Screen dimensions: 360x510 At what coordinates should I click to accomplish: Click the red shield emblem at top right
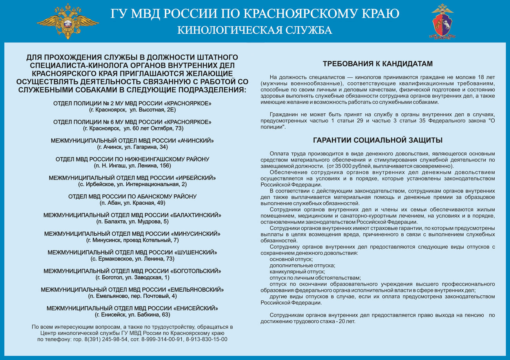pos(443,21)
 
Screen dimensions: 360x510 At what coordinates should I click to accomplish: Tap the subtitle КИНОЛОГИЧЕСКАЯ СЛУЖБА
pos(255,31)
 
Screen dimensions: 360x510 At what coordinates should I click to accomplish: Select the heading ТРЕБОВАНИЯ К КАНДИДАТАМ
pos(377,64)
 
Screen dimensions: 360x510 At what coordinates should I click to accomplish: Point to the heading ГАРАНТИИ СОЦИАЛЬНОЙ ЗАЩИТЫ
pos(377,140)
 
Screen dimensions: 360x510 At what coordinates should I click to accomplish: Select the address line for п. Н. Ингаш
pos(132,165)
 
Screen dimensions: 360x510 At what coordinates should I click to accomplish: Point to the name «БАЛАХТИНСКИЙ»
pos(196,215)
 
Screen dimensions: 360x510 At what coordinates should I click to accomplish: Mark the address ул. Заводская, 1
pos(147,277)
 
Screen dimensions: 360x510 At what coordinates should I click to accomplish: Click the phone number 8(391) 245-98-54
pos(105,339)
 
